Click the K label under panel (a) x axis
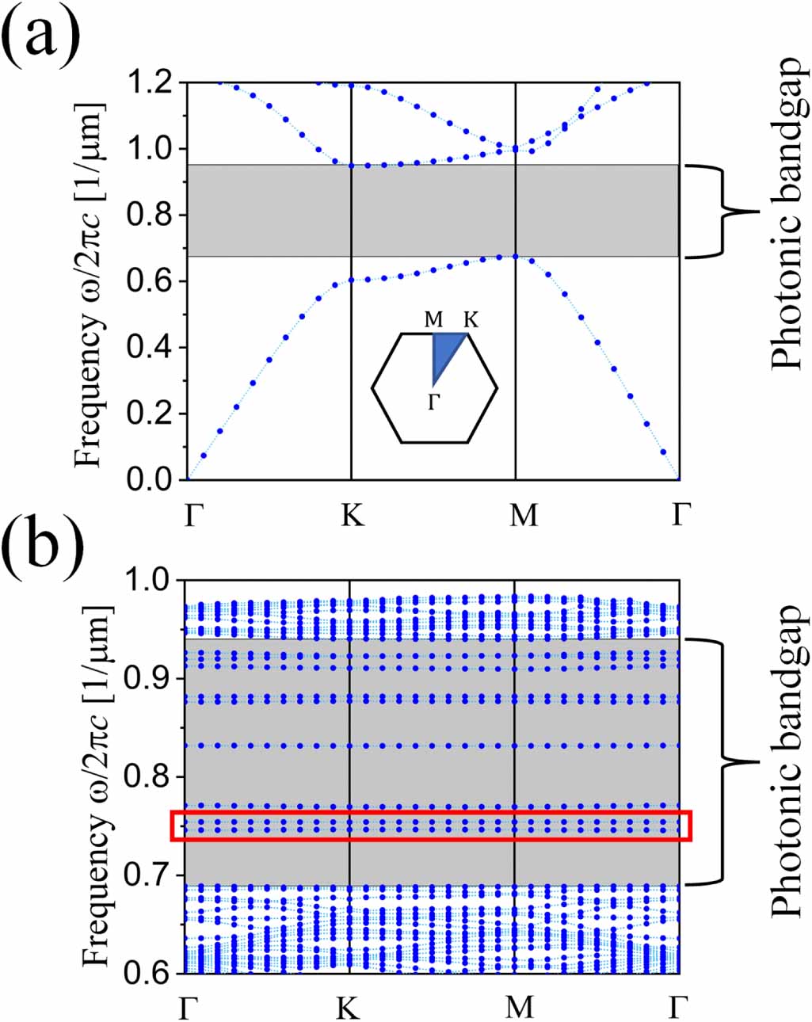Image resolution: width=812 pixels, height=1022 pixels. click(353, 515)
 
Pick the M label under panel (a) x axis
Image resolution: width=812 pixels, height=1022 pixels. click(523, 515)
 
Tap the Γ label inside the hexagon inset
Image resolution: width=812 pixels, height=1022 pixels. click(433, 402)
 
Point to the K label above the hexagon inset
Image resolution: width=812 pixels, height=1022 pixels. click(471, 320)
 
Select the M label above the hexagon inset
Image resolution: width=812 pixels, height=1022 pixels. click(433, 320)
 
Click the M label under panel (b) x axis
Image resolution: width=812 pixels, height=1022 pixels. click(520, 1007)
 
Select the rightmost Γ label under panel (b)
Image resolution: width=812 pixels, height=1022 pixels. click(677, 1007)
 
